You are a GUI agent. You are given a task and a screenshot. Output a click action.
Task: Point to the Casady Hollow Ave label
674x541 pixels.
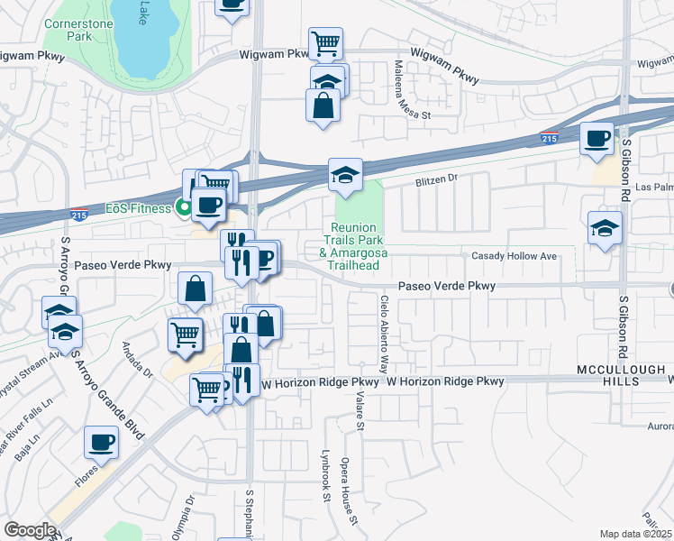pos(514,256)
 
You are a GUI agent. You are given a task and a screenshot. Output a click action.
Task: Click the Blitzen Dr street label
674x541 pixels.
pos(436,180)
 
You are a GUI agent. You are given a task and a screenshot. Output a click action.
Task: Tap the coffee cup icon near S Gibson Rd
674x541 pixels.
pos(597,138)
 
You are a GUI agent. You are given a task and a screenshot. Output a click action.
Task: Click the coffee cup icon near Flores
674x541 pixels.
pos(101,442)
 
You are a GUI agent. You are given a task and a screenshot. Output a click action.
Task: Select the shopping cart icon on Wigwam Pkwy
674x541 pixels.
pos(324,41)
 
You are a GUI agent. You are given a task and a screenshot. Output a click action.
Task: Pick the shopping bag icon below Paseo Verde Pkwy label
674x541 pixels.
pos(195,289)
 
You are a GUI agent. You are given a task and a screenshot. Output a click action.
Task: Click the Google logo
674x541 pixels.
pos(30,530)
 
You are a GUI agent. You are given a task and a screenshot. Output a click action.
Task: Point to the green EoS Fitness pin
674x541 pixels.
pos(184,208)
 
